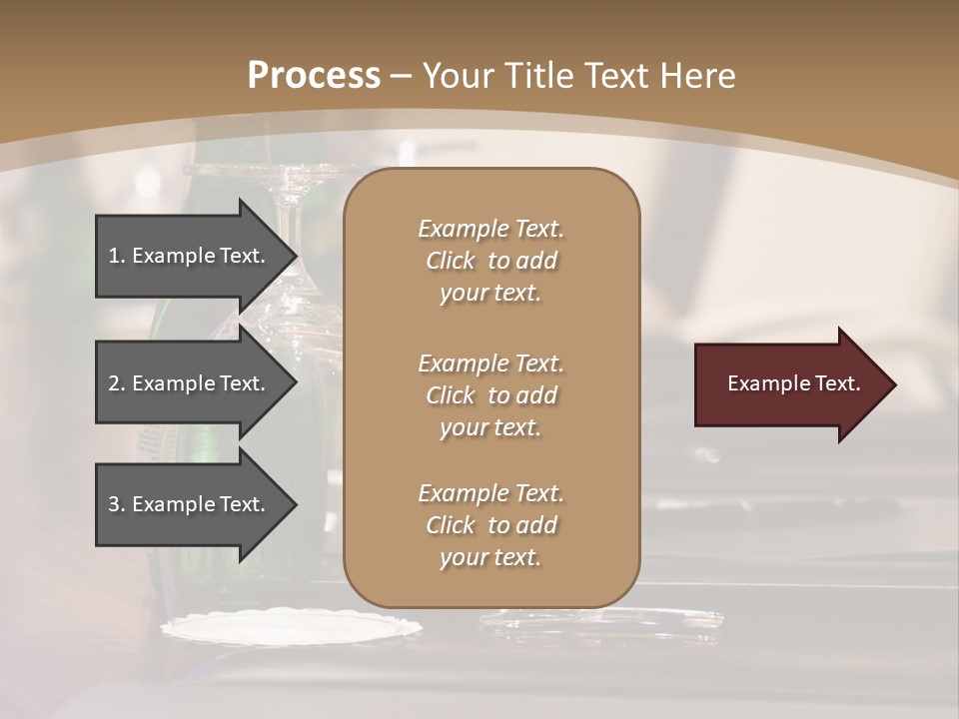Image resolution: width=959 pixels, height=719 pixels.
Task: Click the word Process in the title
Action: click(x=314, y=76)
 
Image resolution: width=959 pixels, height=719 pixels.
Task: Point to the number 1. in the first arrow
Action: click(x=117, y=256)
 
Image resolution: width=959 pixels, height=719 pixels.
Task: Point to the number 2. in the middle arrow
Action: click(x=117, y=383)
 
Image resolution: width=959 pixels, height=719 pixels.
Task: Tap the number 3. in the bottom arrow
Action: click(x=117, y=504)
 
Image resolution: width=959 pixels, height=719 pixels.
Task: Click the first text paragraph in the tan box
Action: click(x=490, y=261)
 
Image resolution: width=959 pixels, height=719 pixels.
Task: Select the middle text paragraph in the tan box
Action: click(x=490, y=395)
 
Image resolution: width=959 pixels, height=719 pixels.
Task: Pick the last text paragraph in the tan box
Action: click(x=490, y=525)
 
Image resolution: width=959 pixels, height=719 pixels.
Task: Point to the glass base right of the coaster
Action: click(x=599, y=624)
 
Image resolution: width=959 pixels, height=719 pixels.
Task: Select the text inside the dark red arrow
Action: click(x=793, y=383)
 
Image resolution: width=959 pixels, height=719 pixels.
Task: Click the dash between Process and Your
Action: click(x=401, y=76)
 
